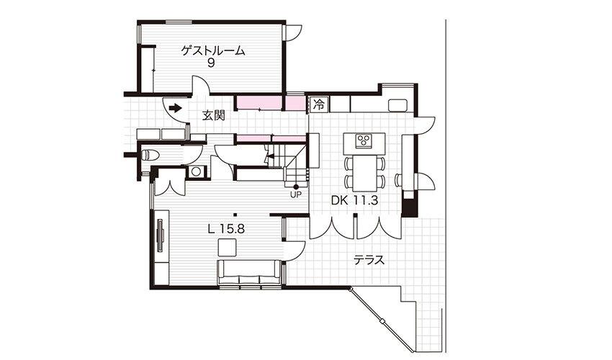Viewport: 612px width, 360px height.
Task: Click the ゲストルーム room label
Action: [214, 50]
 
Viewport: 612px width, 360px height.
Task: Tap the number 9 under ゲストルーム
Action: [211, 63]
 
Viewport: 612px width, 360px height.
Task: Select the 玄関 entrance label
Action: [214, 115]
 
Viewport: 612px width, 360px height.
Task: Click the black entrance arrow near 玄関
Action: [175, 108]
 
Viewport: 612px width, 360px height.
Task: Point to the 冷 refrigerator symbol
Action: [319, 104]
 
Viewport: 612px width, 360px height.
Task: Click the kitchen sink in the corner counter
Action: [397, 105]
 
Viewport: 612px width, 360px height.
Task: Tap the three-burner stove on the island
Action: [364, 141]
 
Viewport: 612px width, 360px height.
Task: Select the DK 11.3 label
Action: [354, 201]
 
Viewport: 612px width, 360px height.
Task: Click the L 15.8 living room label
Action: [226, 229]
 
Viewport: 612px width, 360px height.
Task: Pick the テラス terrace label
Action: [369, 260]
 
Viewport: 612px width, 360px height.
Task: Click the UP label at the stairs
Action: [295, 194]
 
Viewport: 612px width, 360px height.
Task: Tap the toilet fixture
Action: [150, 156]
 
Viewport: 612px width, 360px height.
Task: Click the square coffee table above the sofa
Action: [227, 248]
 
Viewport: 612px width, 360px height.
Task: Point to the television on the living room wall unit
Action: [161, 235]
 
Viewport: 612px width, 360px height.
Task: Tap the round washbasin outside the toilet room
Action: [196, 171]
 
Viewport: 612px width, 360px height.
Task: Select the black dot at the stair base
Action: [296, 187]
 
